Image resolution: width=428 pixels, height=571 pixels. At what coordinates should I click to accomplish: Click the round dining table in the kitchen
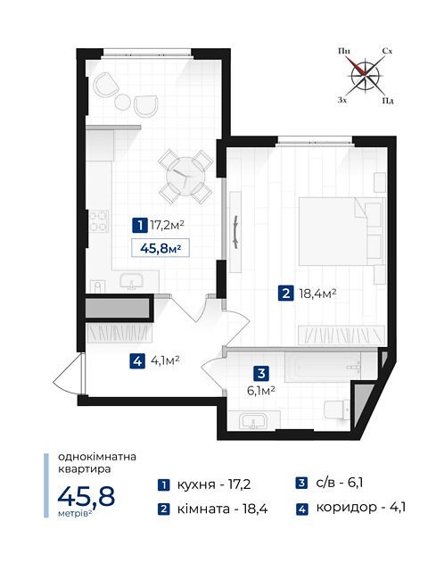(185, 177)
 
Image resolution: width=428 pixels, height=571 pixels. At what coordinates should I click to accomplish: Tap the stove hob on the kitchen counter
(99, 221)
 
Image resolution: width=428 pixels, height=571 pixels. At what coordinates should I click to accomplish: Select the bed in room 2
(342, 231)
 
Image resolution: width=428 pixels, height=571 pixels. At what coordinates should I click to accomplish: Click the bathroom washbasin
(253, 421)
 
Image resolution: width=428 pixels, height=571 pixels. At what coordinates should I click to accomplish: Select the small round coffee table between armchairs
(122, 102)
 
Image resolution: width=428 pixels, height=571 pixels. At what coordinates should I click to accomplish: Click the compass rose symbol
(365, 76)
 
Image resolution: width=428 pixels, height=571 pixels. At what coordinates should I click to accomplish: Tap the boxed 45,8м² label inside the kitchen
(160, 249)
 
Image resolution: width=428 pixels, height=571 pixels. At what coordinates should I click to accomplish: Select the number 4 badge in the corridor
(137, 361)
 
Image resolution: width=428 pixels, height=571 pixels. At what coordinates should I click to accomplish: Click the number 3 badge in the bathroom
(261, 373)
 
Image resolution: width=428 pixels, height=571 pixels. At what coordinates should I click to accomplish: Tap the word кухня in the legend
(196, 485)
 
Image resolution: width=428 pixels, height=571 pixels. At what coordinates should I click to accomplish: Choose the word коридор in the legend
(346, 508)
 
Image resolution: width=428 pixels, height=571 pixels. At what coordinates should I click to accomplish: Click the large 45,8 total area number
(86, 497)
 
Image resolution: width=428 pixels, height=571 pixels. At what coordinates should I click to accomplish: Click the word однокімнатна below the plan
(97, 457)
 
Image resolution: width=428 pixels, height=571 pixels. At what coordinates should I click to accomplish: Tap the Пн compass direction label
(344, 51)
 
